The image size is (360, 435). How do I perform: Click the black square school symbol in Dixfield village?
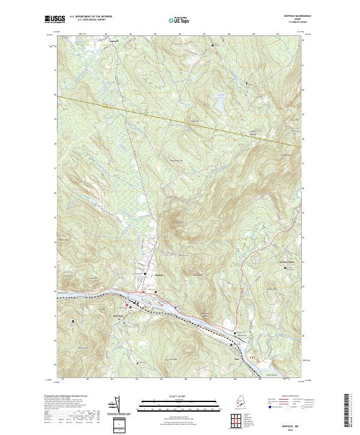(x=145, y=274)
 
